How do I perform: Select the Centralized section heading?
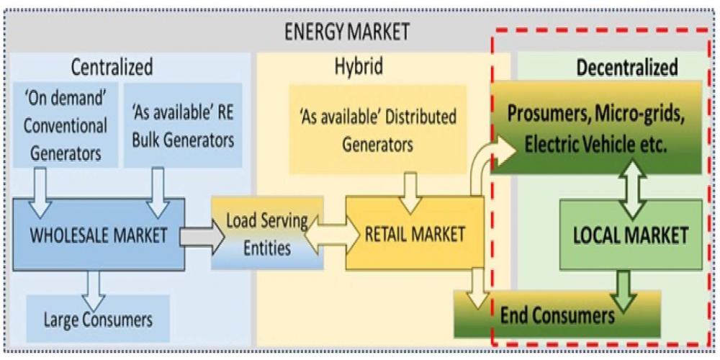[112, 68]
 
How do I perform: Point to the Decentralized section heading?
[627, 68]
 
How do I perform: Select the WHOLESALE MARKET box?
[97, 234]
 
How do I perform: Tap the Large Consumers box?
[96, 317]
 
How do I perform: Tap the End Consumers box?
[558, 315]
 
